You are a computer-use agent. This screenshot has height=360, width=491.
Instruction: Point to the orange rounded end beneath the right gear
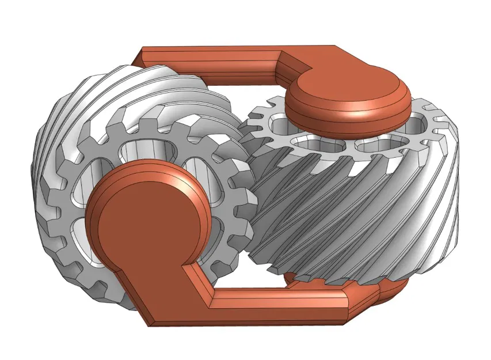tap(391, 291)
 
